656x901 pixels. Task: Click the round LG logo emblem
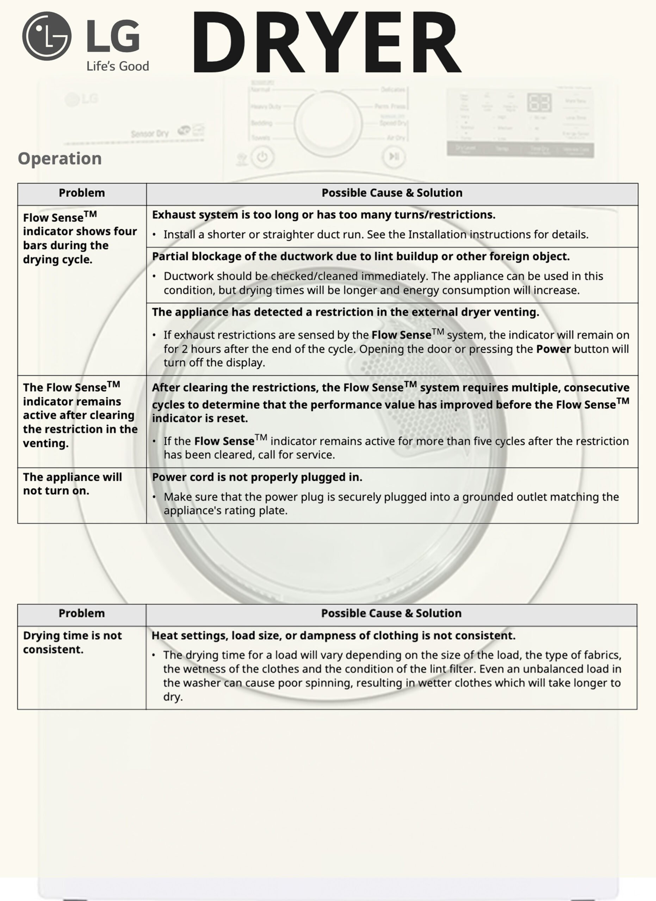coord(47,36)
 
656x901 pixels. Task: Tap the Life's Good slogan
coord(118,66)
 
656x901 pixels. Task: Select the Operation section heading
coord(60,158)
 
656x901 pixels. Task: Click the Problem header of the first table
coord(82,193)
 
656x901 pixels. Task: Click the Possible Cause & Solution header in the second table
coord(391,613)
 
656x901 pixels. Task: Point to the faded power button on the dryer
coord(262,157)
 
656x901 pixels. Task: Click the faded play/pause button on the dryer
coord(394,157)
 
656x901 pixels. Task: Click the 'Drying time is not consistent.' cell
coord(72,642)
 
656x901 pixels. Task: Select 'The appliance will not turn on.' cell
coord(72,484)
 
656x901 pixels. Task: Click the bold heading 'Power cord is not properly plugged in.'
coord(257,477)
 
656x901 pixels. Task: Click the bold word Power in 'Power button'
coord(553,349)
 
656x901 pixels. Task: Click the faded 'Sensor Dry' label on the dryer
coord(149,134)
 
